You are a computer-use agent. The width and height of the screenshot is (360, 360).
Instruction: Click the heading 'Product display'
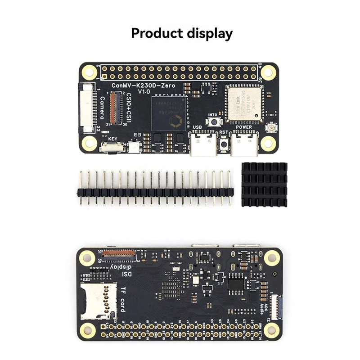182,33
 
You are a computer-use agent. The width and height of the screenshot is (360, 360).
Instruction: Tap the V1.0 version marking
144,92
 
